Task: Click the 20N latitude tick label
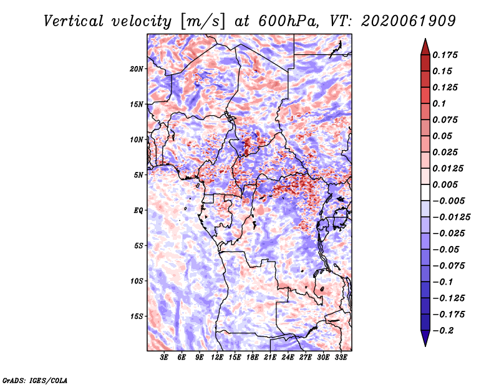(137, 69)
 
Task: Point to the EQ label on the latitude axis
(138, 211)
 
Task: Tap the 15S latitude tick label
(137, 316)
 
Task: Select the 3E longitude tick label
(164, 358)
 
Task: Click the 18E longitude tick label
(253, 358)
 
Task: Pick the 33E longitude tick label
(341, 358)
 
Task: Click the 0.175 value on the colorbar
(445, 55)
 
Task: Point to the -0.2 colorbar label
(443, 331)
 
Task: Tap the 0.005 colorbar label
(445, 184)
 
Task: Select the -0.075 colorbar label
(448, 266)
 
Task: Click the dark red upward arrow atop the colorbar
(425, 47)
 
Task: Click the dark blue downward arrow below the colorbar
(425, 338)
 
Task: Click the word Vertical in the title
(74, 21)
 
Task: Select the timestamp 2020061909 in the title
(409, 21)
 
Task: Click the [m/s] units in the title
(203, 22)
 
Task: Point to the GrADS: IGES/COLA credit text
(35, 380)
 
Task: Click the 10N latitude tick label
(137, 140)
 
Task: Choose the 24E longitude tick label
(288, 358)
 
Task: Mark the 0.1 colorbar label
(439, 103)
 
